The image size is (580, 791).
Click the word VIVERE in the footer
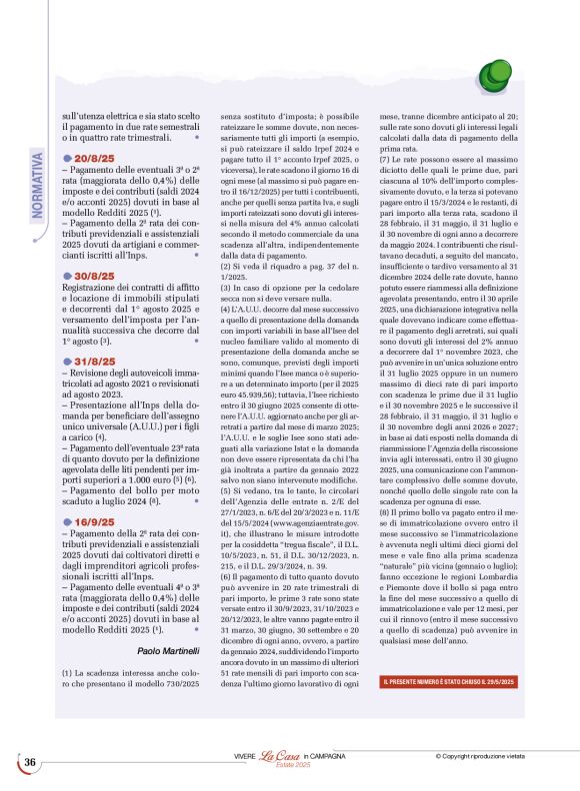click(245, 758)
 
